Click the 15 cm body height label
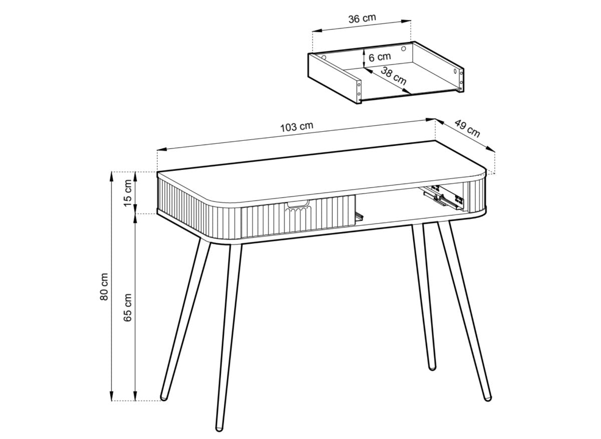click(128, 193)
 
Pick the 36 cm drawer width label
click(362, 19)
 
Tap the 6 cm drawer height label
click(379, 57)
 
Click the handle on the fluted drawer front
click(297, 203)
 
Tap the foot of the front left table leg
click(218, 427)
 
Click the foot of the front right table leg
click(487, 397)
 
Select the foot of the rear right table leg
click(432, 367)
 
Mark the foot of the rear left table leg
click(163, 397)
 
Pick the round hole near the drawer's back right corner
click(404, 48)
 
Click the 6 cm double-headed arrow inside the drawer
click(363, 58)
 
